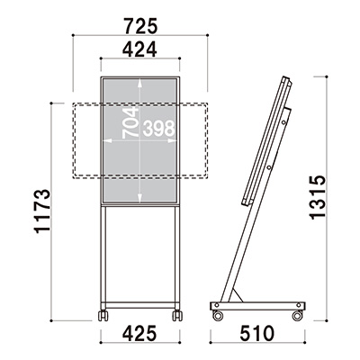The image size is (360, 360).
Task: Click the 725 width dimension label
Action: [x=140, y=26]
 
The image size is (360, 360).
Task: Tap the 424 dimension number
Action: [x=139, y=49]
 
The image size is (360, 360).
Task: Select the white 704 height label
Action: [x=130, y=122]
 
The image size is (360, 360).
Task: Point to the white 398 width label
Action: [x=158, y=128]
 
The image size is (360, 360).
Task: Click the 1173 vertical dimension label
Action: [x=42, y=211]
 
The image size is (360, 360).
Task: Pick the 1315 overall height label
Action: [x=318, y=197]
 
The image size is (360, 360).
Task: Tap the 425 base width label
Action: [x=140, y=333]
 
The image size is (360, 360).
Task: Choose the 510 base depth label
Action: [x=257, y=333]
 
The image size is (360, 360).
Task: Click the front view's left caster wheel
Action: [x=103, y=316]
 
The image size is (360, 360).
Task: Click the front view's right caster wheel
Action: [x=177, y=316]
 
